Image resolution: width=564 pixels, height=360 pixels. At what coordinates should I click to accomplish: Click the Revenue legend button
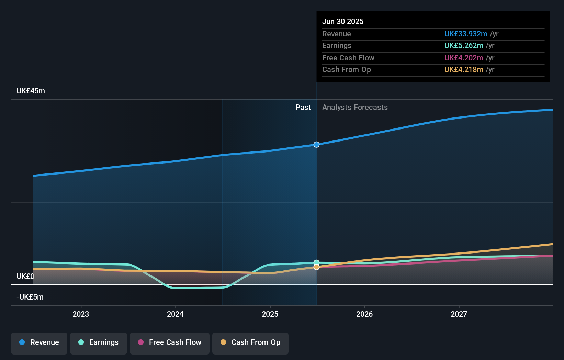pos(39,342)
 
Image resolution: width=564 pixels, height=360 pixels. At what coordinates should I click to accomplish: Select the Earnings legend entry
pos(99,342)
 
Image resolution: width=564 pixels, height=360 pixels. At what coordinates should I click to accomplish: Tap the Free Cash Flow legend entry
pos(170,342)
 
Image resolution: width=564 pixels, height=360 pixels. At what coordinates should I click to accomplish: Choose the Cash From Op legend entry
pos(250,342)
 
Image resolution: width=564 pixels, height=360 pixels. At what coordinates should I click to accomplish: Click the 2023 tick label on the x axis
pos(81,314)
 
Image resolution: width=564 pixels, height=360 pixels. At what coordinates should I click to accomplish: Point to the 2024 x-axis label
pos(175,314)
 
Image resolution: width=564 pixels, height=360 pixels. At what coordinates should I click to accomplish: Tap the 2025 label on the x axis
pos(270,314)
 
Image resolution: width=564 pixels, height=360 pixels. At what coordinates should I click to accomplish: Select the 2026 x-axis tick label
pos(364,314)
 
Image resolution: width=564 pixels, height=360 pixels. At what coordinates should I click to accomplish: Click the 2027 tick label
pos(459,314)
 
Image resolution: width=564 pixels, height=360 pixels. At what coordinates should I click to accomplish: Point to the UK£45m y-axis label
pos(31,91)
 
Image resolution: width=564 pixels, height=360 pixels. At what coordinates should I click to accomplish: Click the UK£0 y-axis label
pos(25,277)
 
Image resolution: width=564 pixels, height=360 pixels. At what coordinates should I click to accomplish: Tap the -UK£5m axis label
pos(30,297)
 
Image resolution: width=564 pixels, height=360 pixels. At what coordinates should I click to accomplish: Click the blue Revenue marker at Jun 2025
pos(317,145)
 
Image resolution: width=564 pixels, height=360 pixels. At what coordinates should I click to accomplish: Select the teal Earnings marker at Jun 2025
pos(317,262)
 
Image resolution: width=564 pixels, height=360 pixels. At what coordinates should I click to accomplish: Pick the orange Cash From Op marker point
pos(317,267)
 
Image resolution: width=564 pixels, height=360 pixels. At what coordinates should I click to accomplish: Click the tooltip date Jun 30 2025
pos(343,21)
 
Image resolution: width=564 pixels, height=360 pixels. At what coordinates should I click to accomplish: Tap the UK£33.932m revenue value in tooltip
pos(466,34)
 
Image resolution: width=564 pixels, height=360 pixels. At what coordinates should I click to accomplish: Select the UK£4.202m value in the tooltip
pos(464,58)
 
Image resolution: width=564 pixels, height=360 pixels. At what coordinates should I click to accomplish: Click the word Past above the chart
pos(303,108)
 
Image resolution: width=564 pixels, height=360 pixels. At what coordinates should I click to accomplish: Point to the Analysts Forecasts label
pos(355,108)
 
